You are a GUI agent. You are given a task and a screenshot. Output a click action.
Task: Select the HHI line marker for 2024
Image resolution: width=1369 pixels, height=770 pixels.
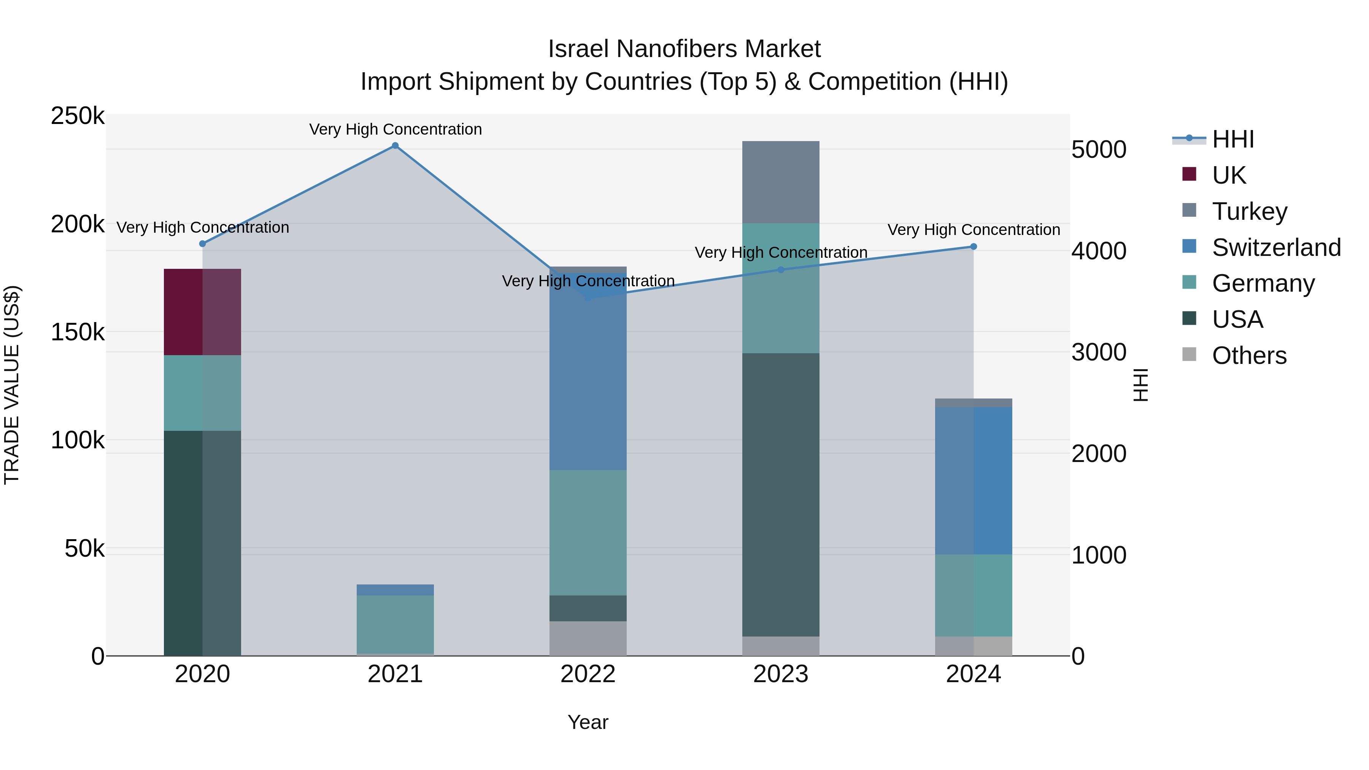pos(973,246)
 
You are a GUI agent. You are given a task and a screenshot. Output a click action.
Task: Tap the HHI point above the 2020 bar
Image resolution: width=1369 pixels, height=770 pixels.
pos(202,244)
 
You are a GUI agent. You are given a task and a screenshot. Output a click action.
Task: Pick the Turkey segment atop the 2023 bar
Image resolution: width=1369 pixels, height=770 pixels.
pos(780,182)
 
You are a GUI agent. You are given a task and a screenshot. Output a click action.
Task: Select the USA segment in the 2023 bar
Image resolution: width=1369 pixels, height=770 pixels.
pos(780,494)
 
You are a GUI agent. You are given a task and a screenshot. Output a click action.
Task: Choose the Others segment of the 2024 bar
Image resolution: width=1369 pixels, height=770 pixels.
pos(973,646)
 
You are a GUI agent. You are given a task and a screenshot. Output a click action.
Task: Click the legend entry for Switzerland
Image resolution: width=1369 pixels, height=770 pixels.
pos(1276,248)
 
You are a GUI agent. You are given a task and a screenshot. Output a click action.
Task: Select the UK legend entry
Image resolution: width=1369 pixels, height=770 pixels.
pos(1229,175)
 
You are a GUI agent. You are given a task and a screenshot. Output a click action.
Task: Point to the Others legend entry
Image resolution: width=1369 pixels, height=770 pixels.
pos(1249,356)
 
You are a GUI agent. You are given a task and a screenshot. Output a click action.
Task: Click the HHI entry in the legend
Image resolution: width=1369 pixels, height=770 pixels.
pos(1233,139)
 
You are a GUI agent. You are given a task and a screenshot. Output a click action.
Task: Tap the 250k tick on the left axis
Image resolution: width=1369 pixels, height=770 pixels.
pos(78,116)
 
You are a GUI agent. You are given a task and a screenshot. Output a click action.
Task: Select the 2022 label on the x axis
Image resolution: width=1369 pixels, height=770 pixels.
pos(588,674)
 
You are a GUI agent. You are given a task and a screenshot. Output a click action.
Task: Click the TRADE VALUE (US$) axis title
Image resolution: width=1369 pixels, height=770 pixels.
pos(12,385)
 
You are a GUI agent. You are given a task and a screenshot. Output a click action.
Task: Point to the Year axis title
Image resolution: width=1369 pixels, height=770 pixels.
pos(588,722)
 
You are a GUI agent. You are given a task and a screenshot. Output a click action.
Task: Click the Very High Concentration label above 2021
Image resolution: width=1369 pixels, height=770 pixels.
pos(395,129)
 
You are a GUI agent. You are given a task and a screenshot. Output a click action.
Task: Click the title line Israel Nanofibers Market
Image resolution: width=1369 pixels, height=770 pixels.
pos(684,49)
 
